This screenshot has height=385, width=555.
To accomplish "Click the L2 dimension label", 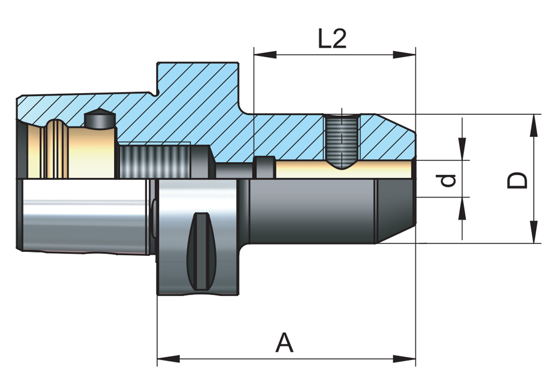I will pos(332,39).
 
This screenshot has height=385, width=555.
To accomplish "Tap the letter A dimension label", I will pos(284,343).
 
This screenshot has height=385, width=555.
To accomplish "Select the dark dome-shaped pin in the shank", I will pos(99,119).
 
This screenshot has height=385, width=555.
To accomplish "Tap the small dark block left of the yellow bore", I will pos(265,167).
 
